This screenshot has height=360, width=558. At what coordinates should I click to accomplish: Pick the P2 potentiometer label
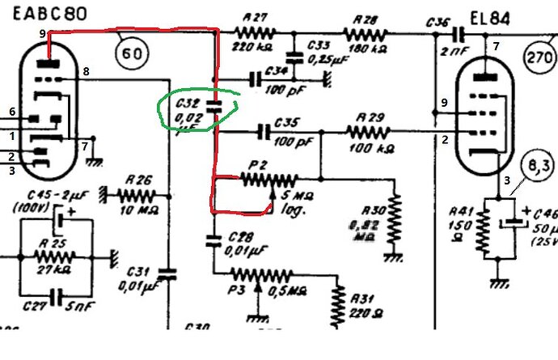point(258,165)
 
